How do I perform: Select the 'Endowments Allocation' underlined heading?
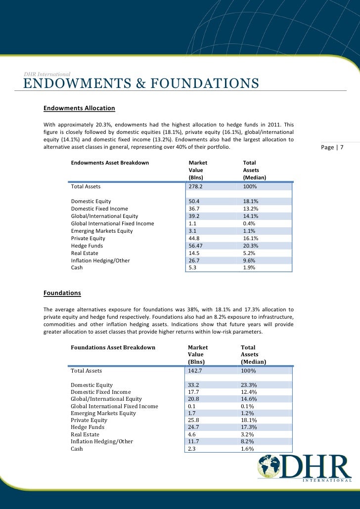[79, 108]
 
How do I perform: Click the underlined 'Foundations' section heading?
[62, 293]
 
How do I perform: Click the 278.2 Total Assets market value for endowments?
[196, 187]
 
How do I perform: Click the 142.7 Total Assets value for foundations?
[196, 370]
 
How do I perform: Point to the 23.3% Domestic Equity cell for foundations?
[249, 385]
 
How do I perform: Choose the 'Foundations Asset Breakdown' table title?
[113, 347]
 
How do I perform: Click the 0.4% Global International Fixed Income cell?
[249, 223]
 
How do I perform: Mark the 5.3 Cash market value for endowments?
[193, 267]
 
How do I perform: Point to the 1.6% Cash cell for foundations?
[247, 449]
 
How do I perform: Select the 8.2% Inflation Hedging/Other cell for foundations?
[247, 441]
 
